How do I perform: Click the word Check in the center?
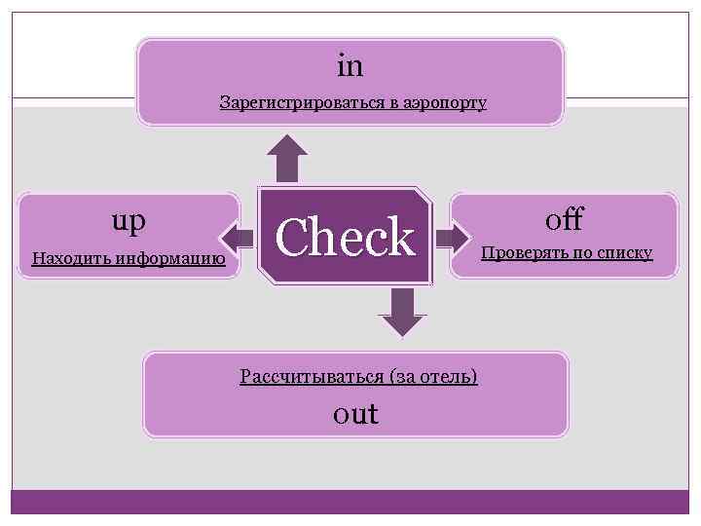(x=345, y=237)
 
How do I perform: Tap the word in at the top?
(x=350, y=65)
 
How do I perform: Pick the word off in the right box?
(x=565, y=218)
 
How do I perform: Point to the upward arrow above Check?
(x=287, y=158)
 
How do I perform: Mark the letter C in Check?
(x=291, y=237)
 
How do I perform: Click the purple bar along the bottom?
(x=350, y=502)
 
